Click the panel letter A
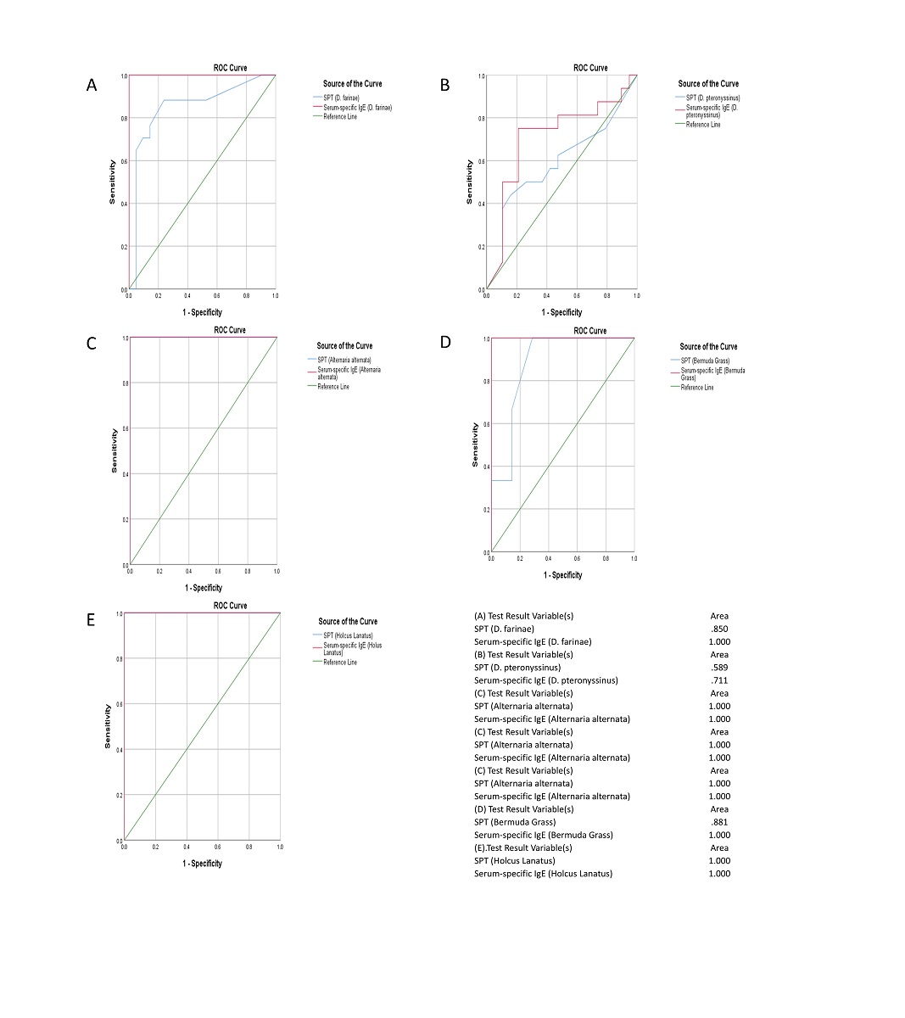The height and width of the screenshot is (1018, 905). click(92, 85)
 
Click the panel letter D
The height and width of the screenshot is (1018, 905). click(445, 342)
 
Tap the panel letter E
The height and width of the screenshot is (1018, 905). click(91, 619)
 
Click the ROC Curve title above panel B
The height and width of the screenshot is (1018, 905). click(590, 68)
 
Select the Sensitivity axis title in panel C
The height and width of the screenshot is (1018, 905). click(115, 450)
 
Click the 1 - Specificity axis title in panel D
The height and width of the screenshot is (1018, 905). click(562, 575)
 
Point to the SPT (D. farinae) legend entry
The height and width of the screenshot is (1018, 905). click(345, 98)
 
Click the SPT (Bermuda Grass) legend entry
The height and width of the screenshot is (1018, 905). click(705, 361)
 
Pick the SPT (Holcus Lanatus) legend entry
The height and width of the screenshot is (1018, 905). click(348, 635)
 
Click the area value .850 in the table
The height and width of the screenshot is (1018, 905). click(719, 629)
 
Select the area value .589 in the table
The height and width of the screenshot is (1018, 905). click(719, 668)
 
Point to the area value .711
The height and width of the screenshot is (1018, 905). click(719, 680)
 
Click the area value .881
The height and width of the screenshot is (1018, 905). click(719, 822)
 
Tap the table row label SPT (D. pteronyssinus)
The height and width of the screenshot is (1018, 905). click(517, 668)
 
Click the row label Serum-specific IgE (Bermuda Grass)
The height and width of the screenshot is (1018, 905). click(544, 835)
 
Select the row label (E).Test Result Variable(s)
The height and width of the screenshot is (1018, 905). click(523, 847)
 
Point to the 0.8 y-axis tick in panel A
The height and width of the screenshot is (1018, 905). click(124, 119)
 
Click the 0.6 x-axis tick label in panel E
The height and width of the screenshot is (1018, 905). click(217, 847)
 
